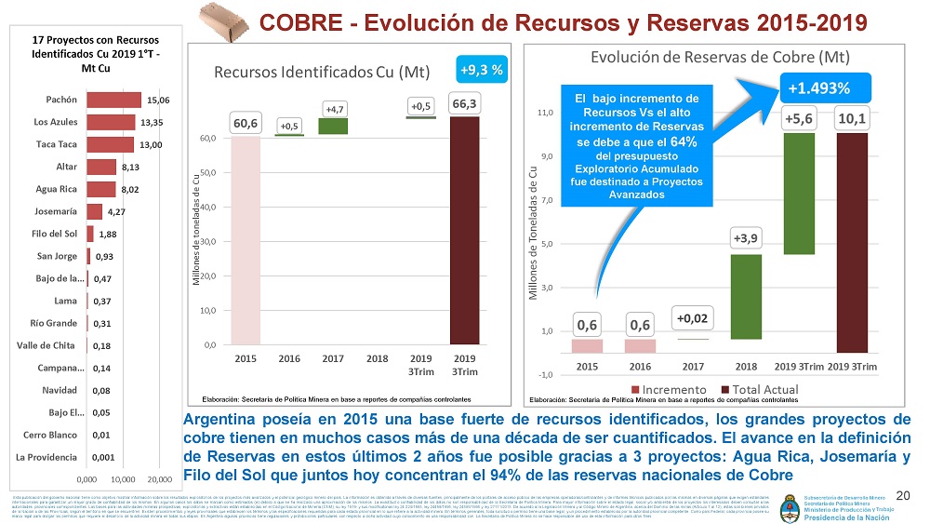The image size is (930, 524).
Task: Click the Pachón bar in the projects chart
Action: [x=113, y=100]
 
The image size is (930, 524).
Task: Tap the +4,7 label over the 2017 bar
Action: [x=334, y=109]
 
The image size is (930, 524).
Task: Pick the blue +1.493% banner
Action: [x=818, y=88]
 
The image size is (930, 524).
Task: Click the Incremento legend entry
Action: [x=669, y=388]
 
